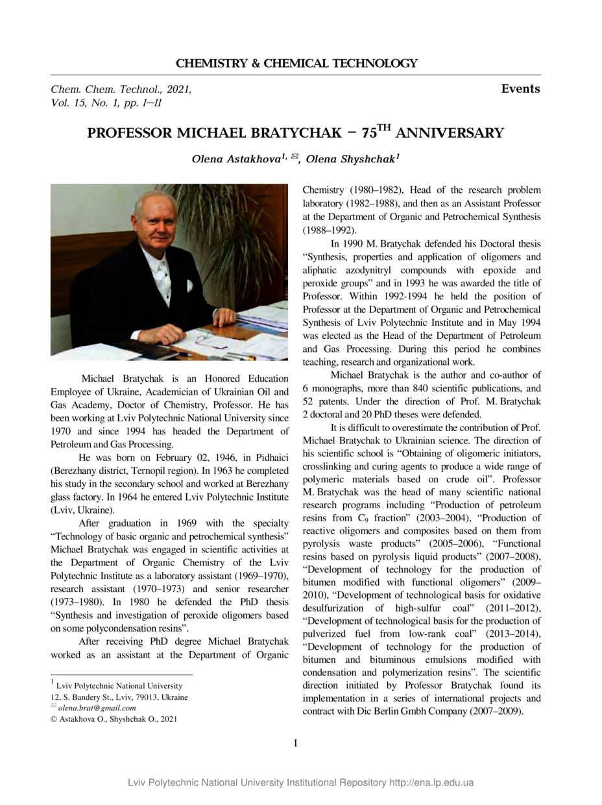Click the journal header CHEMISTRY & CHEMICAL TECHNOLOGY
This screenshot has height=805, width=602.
tap(296, 64)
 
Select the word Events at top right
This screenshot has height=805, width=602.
tap(520, 89)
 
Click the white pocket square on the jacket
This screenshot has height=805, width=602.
tap(189, 285)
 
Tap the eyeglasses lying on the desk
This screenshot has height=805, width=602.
tap(205, 338)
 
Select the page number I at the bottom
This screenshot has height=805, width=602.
tap(296, 743)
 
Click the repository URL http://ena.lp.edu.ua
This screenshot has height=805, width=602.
tap(431, 782)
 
